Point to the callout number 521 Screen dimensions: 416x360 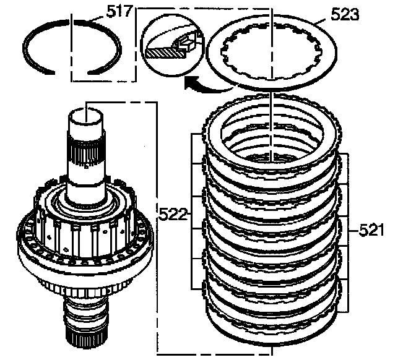(372, 231)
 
